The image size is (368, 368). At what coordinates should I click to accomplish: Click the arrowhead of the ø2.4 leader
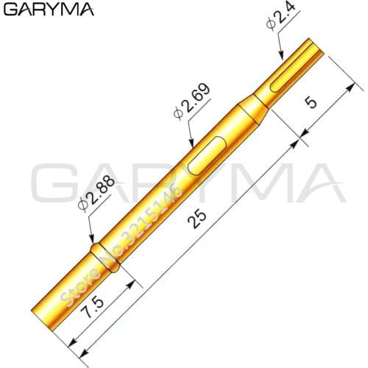(x=281, y=56)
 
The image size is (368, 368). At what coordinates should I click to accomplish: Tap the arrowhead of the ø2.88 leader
(x=91, y=241)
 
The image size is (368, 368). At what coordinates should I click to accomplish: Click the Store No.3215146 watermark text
(x=121, y=243)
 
